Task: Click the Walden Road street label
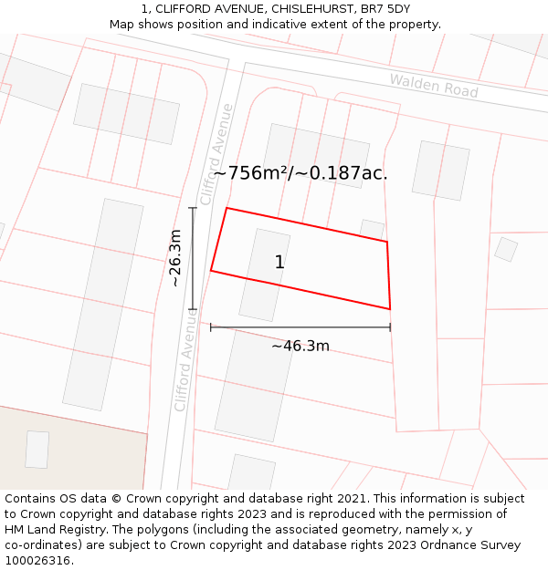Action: click(x=434, y=86)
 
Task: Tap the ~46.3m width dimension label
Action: click(x=300, y=346)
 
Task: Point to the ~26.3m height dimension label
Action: click(x=175, y=258)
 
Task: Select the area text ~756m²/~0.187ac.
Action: click(x=300, y=172)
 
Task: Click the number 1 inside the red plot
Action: click(x=279, y=263)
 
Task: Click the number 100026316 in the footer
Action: click(x=37, y=560)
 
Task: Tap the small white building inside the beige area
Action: click(x=37, y=450)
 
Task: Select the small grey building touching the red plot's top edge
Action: click(x=372, y=228)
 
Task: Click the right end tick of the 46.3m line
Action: click(x=390, y=326)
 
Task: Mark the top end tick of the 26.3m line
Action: click(x=193, y=208)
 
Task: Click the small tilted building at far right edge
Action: click(x=506, y=249)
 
